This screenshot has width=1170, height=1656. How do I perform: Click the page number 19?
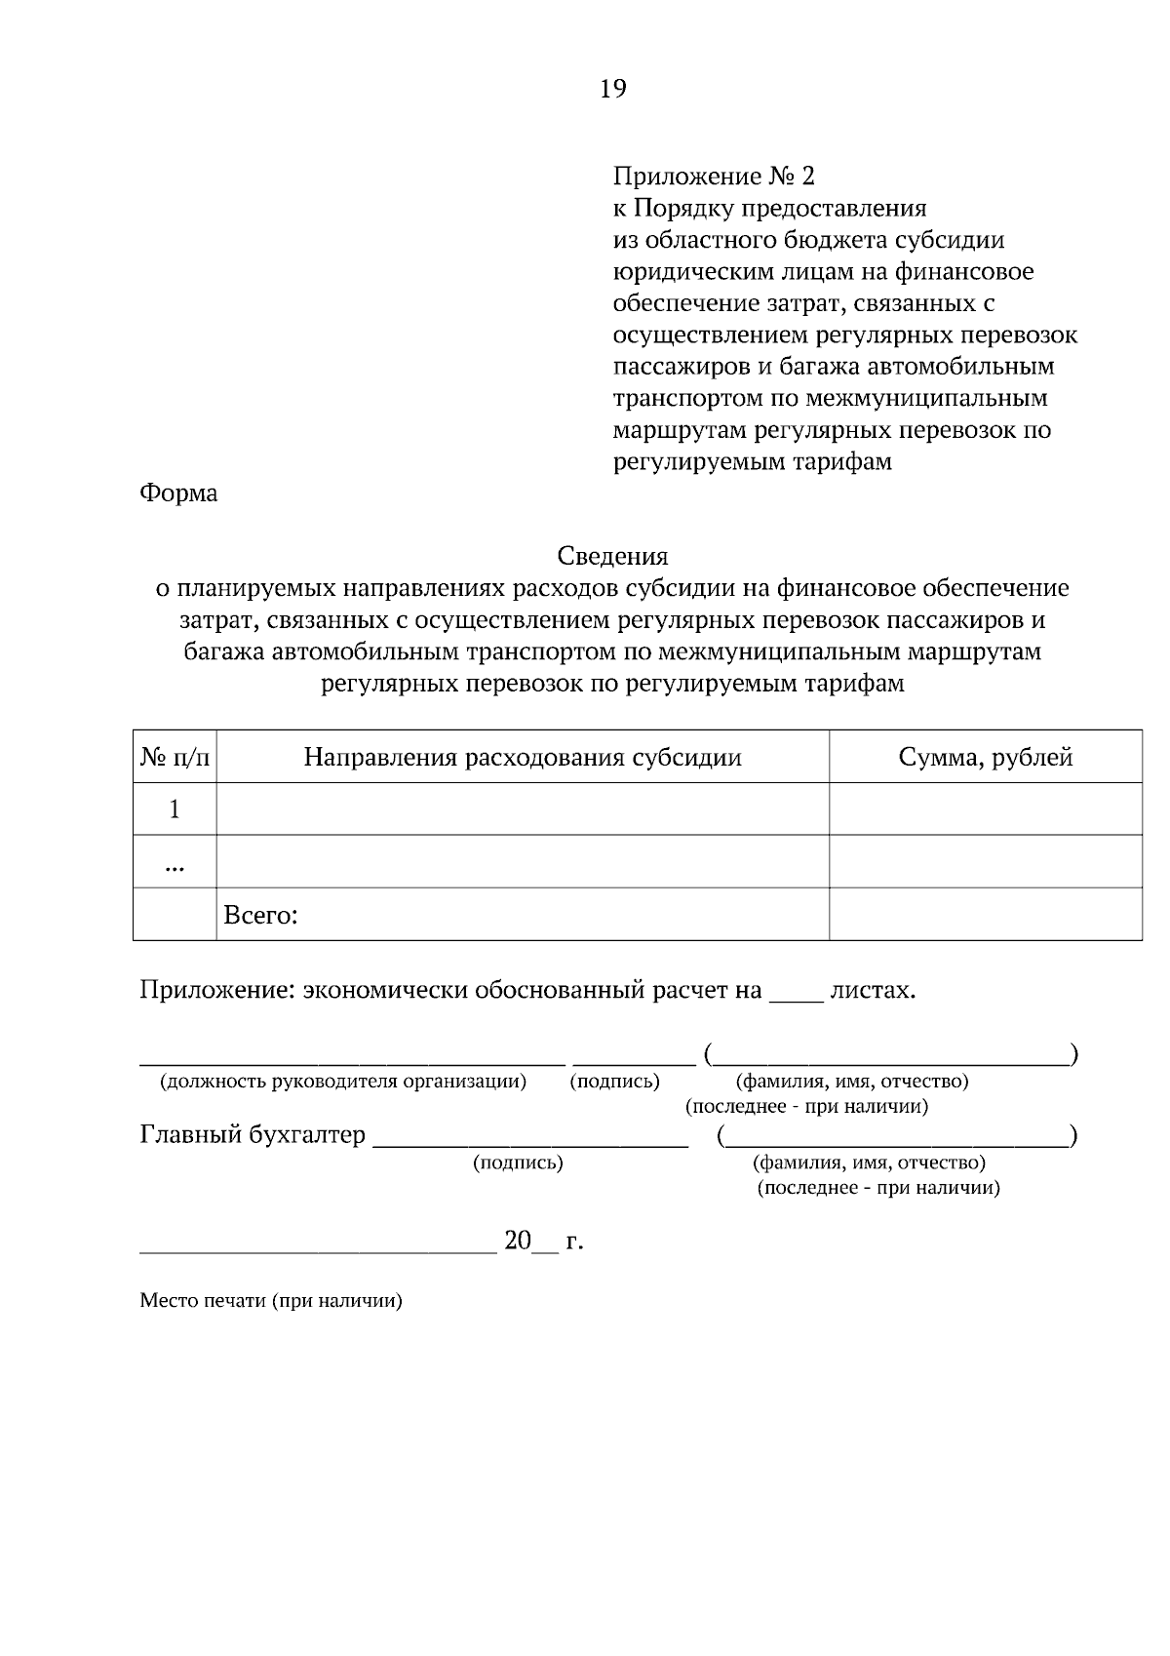[612, 90]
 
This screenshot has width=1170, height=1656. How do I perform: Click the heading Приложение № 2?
[713, 177]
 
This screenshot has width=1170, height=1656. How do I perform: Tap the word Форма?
[179, 493]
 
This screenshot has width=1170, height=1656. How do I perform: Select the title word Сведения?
[612, 556]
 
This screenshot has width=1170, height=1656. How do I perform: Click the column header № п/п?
[175, 758]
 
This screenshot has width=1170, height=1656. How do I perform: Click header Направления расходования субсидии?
[522, 758]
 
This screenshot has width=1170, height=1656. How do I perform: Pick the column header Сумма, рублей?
[985, 758]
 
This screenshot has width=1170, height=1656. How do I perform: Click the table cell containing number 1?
[175, 809]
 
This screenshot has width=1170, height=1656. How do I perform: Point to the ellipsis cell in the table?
[175, 863]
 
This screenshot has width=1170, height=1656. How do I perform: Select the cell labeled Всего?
[260, 916]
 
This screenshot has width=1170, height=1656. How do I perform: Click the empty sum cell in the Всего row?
[985, 915]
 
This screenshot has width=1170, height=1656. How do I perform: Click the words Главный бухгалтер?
[253, 1135]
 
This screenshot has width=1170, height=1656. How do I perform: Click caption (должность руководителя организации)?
[343, 1082]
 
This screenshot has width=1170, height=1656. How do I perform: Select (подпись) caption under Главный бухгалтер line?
[518, 1163]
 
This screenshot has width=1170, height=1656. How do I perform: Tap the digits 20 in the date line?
[518, 1241]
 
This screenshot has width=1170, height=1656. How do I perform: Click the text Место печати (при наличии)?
[271, 1301]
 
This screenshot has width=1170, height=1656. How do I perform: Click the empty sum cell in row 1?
[985, 809]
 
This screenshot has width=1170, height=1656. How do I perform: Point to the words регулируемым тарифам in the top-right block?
[752, 462]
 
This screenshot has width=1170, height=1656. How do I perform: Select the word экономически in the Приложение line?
[385, 991]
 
